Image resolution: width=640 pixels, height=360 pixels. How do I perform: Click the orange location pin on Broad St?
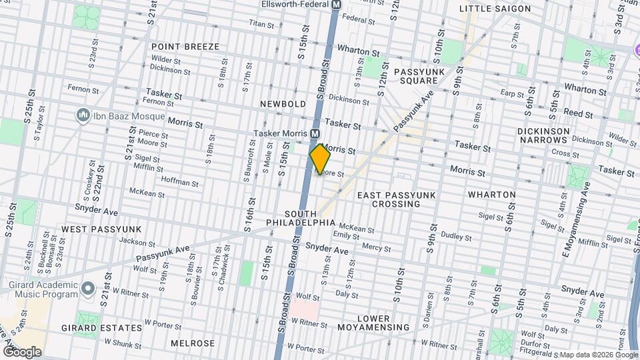point(320,159)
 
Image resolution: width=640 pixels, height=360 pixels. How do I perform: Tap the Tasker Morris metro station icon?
point(314,134)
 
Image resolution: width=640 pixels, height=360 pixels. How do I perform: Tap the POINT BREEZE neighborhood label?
point(185,47)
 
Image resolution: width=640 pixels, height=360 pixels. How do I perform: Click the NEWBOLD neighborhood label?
point(283,104)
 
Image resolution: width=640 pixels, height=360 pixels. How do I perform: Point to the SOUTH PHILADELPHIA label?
point(301,217)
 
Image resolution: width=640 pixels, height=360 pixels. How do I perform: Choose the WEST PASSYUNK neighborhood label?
point(101,229)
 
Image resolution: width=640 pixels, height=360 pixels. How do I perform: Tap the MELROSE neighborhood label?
point(193,343)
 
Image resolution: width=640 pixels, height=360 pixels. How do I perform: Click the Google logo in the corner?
point(21,351)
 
